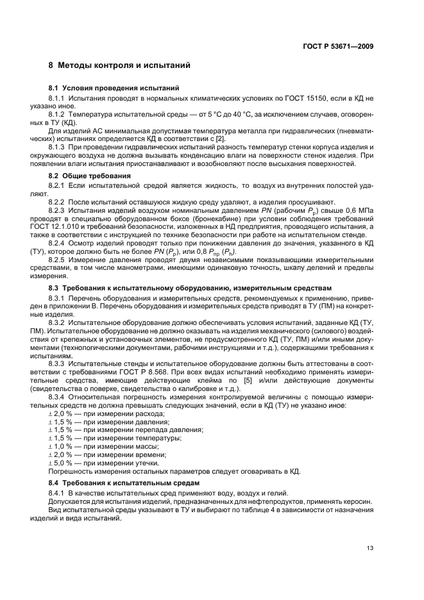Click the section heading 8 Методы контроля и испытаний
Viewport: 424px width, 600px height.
pos(119,65)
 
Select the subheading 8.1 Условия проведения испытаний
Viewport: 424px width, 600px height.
pos(114,87)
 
